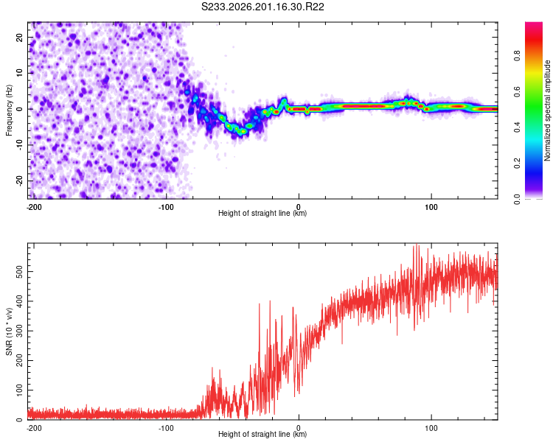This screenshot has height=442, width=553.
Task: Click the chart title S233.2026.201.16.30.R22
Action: coord(262,7)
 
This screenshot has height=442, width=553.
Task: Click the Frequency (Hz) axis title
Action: coord(9,110)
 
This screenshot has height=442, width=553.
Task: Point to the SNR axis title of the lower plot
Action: coord(9,331)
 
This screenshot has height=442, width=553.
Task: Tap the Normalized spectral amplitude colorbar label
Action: coord(547,110)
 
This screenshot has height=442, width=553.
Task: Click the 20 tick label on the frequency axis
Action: coord(20,37)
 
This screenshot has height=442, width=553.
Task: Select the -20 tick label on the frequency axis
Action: coord(20,181)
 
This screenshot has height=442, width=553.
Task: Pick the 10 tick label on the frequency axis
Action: coord(20,73)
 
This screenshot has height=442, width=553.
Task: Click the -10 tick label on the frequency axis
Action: coord(20,145)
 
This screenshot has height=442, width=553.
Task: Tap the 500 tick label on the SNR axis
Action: coord(20,272)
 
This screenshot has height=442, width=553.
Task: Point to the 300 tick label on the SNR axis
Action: coord(20,331)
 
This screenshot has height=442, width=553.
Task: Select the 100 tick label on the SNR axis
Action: coord(20,390)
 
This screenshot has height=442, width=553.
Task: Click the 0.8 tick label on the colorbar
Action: coord(517,56)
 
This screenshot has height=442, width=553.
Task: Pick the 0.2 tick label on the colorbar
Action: coord(517,164)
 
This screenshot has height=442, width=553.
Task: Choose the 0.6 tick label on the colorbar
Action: coord(517,91)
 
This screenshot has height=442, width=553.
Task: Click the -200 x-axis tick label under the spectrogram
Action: coord(34,207)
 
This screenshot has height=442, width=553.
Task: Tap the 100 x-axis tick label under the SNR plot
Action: coord(431,428)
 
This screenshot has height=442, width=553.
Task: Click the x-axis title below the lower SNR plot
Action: coord(262,434)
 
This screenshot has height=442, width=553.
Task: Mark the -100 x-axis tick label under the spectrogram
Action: coord(166,207)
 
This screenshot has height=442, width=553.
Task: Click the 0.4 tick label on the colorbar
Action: coord(517,127)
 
